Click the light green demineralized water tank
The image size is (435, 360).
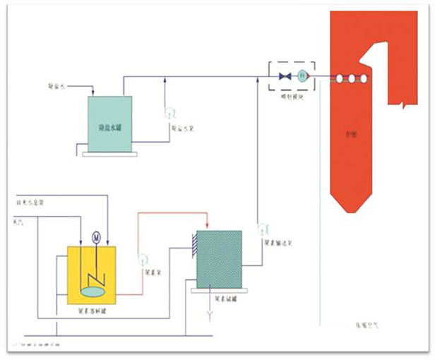coord(109,124)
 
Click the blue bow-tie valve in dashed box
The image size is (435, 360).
coord(286,76)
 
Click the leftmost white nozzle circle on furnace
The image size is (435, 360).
coord(340,80)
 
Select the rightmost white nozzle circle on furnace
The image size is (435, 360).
coord(364,80)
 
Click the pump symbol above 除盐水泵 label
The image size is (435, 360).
coord(169,113)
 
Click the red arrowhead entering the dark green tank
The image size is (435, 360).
coord(205,227)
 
